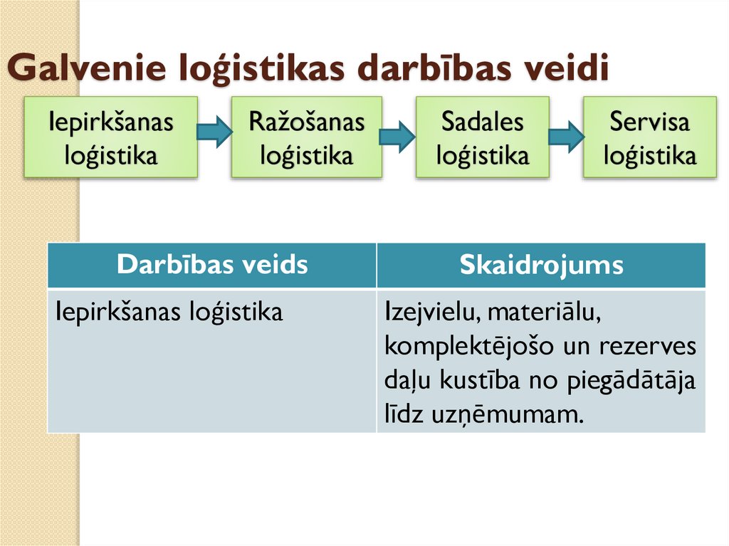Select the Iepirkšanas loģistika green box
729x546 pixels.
tap(110, 137)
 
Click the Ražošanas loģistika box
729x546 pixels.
tap(306, 137)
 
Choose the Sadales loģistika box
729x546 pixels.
tap(482, 137)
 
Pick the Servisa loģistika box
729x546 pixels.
tap(649, 137)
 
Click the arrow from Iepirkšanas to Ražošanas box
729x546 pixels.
tap(214, 132)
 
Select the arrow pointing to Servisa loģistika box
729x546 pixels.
tap(566, 135)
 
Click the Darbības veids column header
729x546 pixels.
tap(212, 265)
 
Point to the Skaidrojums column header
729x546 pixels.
tap(541, 265)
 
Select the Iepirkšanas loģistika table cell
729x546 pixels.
tap(169, 312)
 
